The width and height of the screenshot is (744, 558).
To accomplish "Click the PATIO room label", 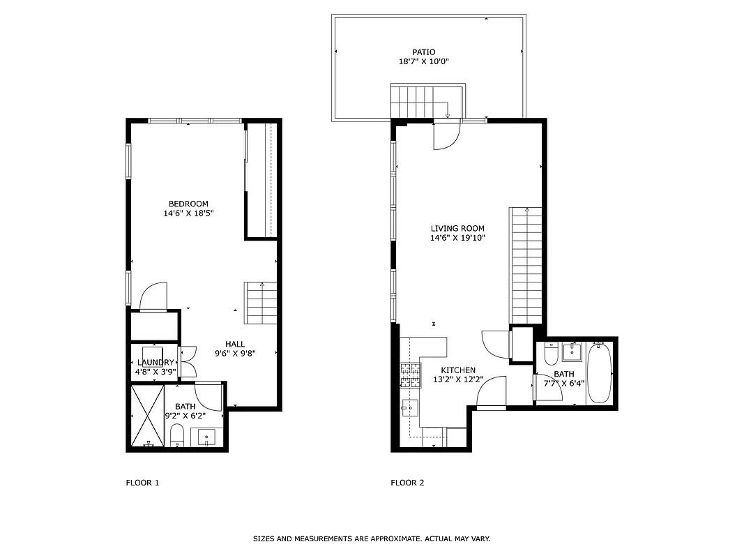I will [423, 52].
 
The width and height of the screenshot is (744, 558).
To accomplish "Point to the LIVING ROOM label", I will [457, 228].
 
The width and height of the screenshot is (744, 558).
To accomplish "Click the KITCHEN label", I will [458, 370].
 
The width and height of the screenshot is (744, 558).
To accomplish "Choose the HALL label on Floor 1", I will [235, 344].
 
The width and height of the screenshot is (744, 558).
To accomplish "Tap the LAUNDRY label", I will [155, 363].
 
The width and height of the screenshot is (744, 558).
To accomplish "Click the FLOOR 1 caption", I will [142, 483].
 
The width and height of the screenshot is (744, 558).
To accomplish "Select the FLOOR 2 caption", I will [407, 483].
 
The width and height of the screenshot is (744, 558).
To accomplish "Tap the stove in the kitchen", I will [411, 375].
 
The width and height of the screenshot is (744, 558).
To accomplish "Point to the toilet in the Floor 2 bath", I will [551, 355].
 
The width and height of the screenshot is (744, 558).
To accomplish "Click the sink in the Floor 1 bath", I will [206, 437].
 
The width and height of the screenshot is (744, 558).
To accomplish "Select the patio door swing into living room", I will [446, 137].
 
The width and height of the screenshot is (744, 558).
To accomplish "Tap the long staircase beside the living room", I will [526, 265].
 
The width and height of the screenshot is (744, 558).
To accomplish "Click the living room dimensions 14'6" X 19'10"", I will [457, 238].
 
